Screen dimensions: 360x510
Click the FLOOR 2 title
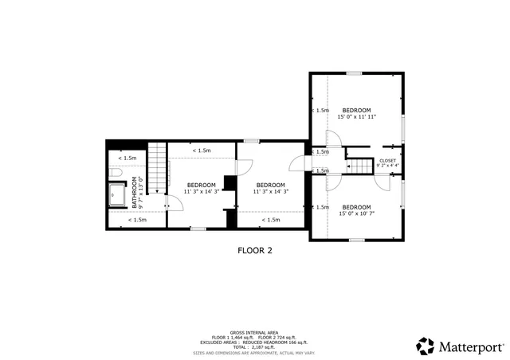(x=255, y=250)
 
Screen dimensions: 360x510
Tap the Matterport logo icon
(x=425, y=346)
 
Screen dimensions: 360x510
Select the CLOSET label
(x=387, y=160)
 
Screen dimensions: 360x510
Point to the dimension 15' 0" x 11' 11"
(x=356, y=116)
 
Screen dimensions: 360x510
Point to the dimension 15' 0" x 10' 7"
(x=356, y=213)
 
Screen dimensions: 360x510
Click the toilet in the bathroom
(x=115, y=173)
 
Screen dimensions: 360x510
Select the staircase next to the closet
(x=360, y=166)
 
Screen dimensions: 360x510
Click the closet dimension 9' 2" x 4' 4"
(x=387, y=166)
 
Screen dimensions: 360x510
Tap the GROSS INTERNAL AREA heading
(x=255, y=332)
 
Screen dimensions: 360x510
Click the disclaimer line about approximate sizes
(x=255, y=352)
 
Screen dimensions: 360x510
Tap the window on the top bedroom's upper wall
(x=354, y=73)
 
